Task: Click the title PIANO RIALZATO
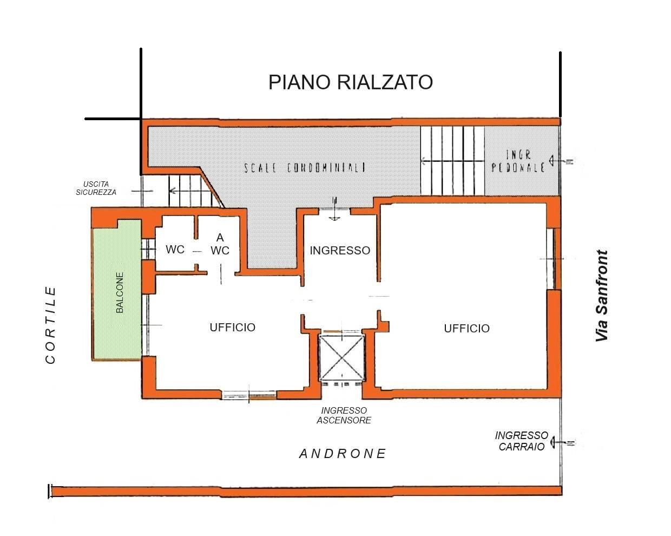[x=351, y=82]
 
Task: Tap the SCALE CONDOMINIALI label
[x=305, y=167]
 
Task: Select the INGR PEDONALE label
[x=518, y=161]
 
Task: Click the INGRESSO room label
[x=340, y=250]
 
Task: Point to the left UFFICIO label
[x=232, y=327]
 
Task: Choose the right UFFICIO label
[x=466, y=328]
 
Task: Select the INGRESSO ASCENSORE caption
[x=344, y=415]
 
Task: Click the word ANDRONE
[x=343, y=454]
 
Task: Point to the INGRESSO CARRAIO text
[x=521, y=441]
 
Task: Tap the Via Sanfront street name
[x=602, y=296]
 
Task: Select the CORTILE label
[x=51, y=325]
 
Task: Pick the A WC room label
[x=220, y=244]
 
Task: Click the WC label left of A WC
[x=175, y=250]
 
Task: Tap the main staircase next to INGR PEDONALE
[x=452, y=160]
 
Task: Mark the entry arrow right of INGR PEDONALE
[x=561, y=161]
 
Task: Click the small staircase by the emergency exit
[x=187, y=191]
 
